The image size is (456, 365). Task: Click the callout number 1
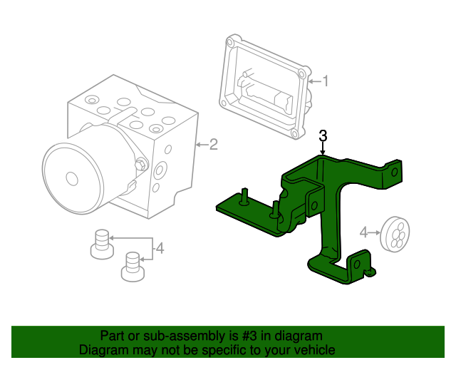coord(326,81)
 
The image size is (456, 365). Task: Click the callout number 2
coord(213,145)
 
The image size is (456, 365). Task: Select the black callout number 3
coord(323,135)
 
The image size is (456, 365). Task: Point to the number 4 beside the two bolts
coord(160,248)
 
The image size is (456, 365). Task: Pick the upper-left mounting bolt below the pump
coord(102,242)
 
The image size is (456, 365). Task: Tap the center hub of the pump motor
coord(71,178)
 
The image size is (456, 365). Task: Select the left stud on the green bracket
coord(244,195)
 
